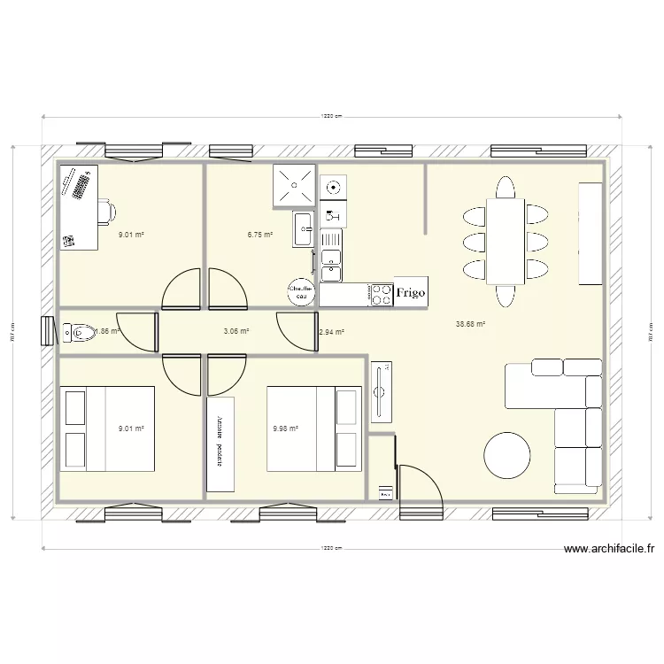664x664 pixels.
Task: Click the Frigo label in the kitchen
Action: (411, 292)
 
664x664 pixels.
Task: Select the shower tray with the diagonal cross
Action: (293, 185)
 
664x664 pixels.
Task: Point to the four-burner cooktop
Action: (382, 294)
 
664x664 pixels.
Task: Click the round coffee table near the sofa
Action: (508, 455)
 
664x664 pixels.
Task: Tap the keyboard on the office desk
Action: (81, 186)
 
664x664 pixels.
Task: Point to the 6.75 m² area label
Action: (259, 235)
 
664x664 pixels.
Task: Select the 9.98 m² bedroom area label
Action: (286, 429)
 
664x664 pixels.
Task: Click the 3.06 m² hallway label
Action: (235, 331)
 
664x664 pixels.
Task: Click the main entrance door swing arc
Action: (420, 483)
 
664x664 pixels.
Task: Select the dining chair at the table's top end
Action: (506, 188)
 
